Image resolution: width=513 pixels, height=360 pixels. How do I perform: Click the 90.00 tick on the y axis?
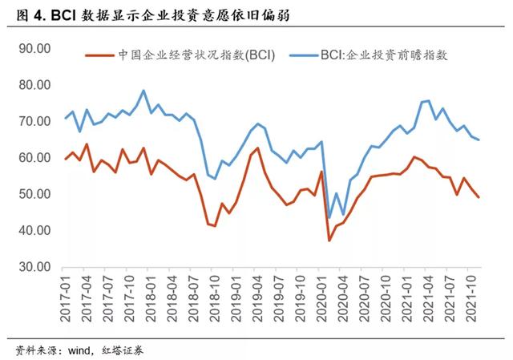pyautogui.click(x=34, y=48)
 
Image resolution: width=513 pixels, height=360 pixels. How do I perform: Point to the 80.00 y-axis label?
pyautogui.click(x=34, y=85)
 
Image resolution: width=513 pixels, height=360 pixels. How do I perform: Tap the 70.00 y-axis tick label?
pyautogui.click(x=34, y=121)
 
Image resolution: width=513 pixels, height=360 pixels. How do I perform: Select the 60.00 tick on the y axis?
pyautogui.click(x=34, y=158)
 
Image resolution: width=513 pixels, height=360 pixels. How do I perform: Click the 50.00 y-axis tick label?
pyautogui.click(x=34, y=194)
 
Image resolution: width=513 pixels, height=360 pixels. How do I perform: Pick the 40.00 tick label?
pyautogui.click(x=34, y=231)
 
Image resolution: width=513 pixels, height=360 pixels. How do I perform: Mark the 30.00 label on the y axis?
pyautogui.click(x=34, y=267)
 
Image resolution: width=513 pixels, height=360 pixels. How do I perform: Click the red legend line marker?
pyautogui.click(x=99, y=55)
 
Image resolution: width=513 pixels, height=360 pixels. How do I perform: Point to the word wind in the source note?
pyautogui.click(x=84, y=350)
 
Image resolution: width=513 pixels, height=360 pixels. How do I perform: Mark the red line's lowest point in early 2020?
pyautogui.click(x=329, y=240)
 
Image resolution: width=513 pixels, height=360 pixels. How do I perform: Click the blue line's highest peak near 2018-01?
pyautogui.click(x=143, y=91)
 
